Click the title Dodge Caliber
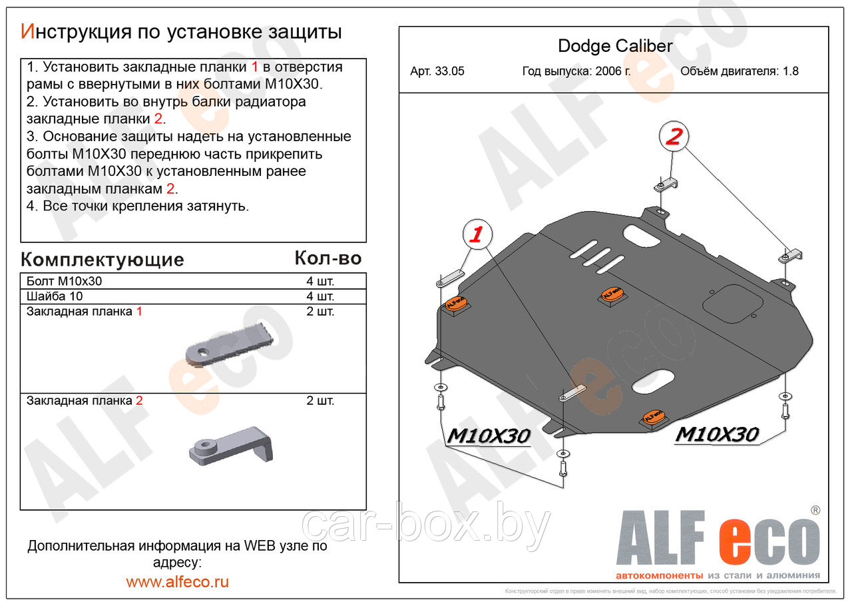tap(614, 46)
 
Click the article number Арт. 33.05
tap(437, 71)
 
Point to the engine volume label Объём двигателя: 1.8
tap(739, 71)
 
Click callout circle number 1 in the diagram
tap(477, 234)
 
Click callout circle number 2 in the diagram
tap(673, 137)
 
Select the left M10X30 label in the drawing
tap(489, 436)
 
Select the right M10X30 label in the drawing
tap(717, 434)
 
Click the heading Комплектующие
tap(102, 259)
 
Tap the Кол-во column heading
tap(327, 258)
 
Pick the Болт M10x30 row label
tap(65, 281)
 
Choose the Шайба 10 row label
tap(55, 296)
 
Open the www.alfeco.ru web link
tap(177, 581)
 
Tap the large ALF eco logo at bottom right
tap(718, 539)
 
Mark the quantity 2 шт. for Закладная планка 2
tap(320, 401)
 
